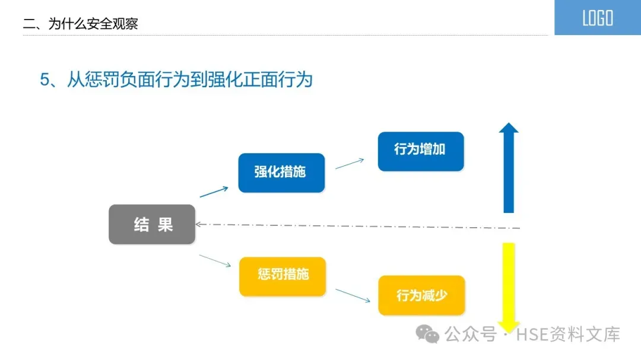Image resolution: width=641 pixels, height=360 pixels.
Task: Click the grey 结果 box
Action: [x=152, y=224]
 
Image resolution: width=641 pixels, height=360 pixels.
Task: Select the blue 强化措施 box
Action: [x=281, y=173]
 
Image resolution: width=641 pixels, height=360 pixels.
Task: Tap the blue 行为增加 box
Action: [x=420, y=151]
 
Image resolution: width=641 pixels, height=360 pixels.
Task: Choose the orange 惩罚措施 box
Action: [x=283, y=276]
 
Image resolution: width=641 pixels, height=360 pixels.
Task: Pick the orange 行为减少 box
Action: [x=421, y=295]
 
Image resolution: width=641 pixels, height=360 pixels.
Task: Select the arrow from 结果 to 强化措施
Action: [x=214, y=192]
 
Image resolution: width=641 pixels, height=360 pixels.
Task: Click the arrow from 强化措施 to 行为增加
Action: [x=350, y=163]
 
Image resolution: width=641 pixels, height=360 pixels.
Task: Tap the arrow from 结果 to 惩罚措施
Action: [x=215, y=260]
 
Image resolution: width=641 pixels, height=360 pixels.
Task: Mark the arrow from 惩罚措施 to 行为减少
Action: [x=353, y=295]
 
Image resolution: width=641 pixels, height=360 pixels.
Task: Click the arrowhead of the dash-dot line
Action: [x=199, y=224]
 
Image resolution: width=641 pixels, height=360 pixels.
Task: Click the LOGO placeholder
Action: [x=597, y=18]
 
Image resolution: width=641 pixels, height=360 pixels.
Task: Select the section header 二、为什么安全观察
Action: [x=80, y=24]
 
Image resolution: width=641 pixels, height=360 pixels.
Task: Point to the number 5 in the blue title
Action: [x=44, y=80]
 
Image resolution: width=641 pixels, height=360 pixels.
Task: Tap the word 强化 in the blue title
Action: [x=225, y=80]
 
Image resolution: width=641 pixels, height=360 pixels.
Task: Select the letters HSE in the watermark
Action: [x=530, y=334]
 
